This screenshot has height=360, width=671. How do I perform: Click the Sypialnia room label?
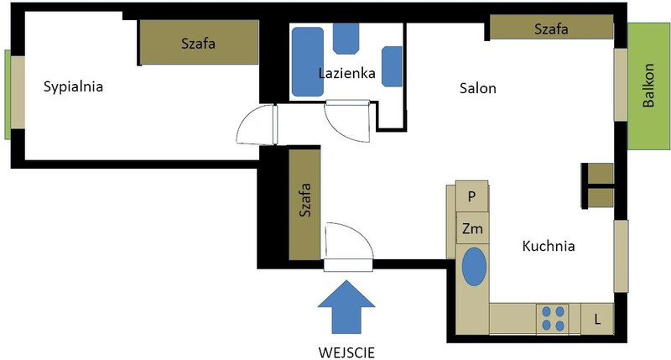click(73, 87)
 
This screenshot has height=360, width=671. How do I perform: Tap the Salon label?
click(477, 88)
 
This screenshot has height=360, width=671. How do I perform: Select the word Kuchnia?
click(549, 246)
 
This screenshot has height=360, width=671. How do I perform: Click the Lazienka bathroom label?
click(346, 73)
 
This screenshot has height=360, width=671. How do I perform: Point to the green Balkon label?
click(648, 86)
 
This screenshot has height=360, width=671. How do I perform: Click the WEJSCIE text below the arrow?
click(346, 352)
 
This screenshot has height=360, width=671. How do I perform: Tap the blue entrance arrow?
click(346, 307)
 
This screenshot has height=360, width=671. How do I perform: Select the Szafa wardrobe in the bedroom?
click(199, 43)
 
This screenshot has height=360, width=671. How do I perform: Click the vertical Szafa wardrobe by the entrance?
click(304, 204)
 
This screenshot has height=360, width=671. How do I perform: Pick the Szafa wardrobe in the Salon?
click(551, 28)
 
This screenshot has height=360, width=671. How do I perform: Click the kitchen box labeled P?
click(471, 196)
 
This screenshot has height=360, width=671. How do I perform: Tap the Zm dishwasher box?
click(472, 228)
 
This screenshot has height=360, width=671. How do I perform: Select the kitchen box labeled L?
click(597, 319)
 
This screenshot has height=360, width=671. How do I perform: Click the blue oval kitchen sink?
click(474, 266)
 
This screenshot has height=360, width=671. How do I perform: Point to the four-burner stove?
click(553, 319)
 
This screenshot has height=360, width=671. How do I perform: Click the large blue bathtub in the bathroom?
click(308, 61)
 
